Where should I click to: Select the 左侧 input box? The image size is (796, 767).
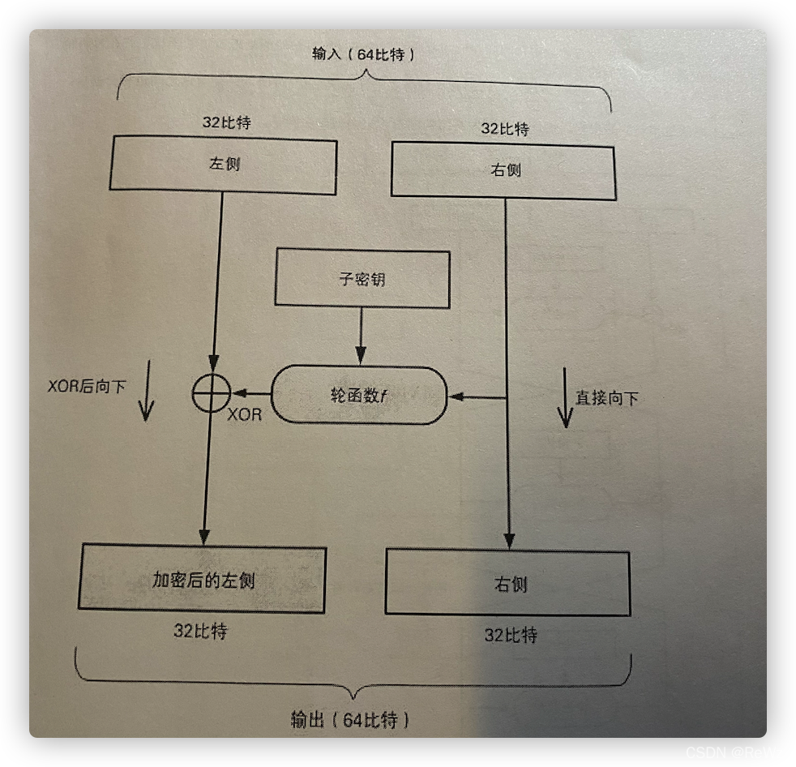pos(223,166)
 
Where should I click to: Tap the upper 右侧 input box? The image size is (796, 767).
pos(503,169)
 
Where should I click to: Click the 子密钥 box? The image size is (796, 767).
pos(362,278)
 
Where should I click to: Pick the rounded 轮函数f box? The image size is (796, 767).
pos(358,395)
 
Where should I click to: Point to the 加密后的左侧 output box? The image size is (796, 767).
pos(203,579)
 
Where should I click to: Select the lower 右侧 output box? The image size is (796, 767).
pos(507,582)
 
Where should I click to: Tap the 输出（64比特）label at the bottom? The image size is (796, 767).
pos(349,719)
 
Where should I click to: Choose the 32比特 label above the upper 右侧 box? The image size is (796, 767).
pos(504,128)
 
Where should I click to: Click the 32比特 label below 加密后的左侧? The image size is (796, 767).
pos(200,631)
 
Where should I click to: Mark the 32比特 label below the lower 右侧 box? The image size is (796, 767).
pos(511,635)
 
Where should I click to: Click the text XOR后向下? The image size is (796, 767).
pos(87,386)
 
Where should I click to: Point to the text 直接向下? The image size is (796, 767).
pos(606,398)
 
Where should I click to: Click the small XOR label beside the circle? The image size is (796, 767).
pos(244,414)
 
